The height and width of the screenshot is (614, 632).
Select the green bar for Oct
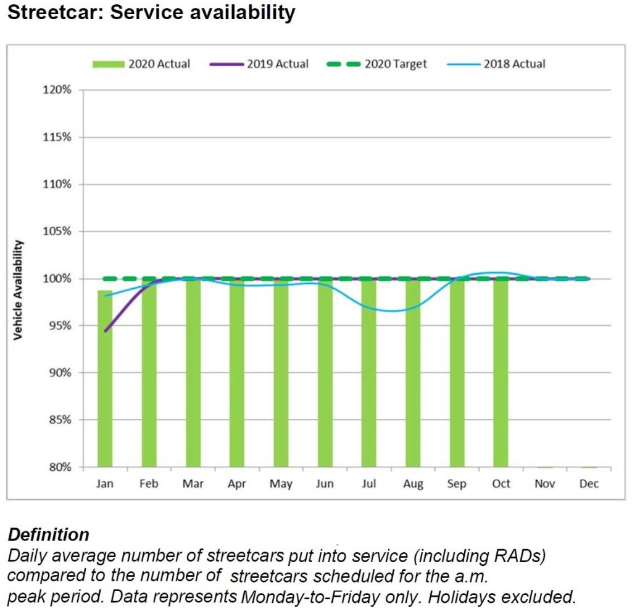(501, 373)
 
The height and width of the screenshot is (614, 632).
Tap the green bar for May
(281, 373)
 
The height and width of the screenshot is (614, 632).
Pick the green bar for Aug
(413, 373)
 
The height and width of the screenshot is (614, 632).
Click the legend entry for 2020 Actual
(141, 64)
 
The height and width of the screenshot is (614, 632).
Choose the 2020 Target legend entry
(378, 64)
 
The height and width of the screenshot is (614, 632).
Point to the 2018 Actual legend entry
(497, 64)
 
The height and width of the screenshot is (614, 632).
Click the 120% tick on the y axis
(58, 90)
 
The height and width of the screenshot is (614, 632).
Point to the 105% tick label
(58, 231)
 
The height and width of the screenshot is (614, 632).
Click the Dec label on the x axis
(589, 484)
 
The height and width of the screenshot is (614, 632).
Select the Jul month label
(368, 484)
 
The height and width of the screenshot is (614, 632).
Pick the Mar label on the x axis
(193, 484)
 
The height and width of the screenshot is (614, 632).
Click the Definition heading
(48, 534)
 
